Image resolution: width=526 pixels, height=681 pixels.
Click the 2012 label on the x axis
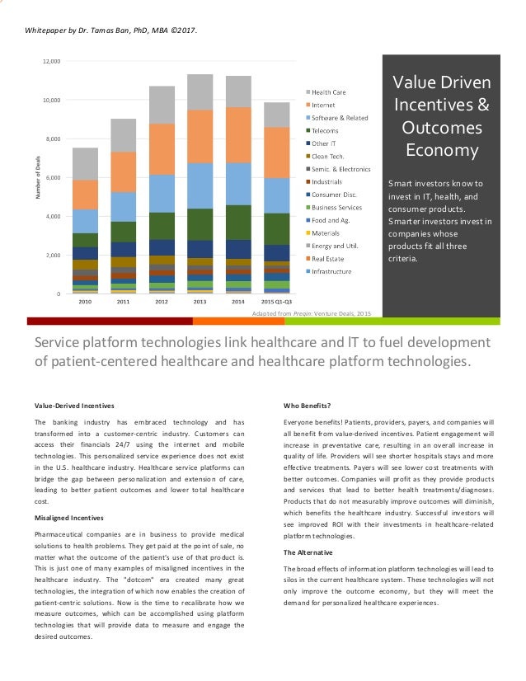click(x=162, y=302)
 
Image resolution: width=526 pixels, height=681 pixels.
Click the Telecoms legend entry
click(x=325, y=130)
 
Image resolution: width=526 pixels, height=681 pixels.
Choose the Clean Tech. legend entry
click(x=328, y=156)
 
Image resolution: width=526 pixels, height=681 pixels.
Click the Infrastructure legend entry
click(x=331, y=270)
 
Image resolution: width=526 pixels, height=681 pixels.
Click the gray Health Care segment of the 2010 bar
click(x=85, y=164)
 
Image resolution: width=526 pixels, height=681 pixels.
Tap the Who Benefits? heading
click(x=307, y=405)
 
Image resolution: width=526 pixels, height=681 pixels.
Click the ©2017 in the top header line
click(x=185, y=31)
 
